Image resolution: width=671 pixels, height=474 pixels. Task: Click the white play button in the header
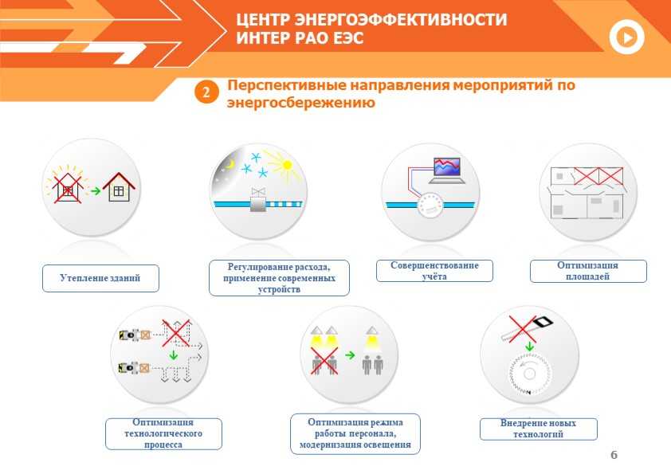point(626,37)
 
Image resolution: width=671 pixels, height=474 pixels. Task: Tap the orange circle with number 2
point(206,92)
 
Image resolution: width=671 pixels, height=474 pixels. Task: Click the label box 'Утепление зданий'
point(100,278)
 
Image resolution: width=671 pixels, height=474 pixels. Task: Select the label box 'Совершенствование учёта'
point(434,271)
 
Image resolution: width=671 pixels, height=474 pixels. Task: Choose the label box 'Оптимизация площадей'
point(588,271)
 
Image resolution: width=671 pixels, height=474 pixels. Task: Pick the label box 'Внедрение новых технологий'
point(539,429)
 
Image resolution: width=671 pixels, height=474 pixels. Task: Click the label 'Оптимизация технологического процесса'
point(163,433)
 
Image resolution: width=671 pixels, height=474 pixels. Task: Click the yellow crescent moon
point(230,164)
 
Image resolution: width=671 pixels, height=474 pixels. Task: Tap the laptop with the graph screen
point(447,170)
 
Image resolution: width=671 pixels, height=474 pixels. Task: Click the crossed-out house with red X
point(67,187)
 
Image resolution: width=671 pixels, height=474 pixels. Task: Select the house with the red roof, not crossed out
point(119,186)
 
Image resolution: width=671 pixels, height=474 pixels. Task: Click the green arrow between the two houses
point(96,190)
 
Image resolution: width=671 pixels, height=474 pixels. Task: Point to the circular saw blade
point(530,374)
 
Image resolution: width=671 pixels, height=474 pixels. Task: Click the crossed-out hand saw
point(526,329)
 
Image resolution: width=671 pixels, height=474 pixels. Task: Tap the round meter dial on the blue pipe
point(430,206)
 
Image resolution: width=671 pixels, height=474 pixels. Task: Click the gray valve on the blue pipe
point(258,200)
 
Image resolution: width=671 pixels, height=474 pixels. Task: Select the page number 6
point(614,455)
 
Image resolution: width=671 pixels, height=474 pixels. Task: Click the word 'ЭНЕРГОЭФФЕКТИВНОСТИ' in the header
point(401,20)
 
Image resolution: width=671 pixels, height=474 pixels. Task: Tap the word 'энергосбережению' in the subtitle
point(301,103)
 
